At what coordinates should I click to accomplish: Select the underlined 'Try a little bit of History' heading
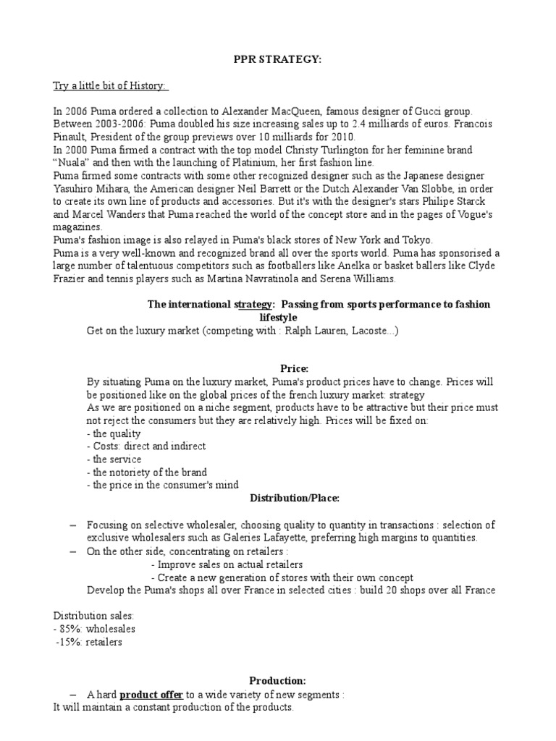110,86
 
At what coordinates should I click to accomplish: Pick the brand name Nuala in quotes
69,162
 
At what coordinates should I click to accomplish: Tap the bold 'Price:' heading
278,368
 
